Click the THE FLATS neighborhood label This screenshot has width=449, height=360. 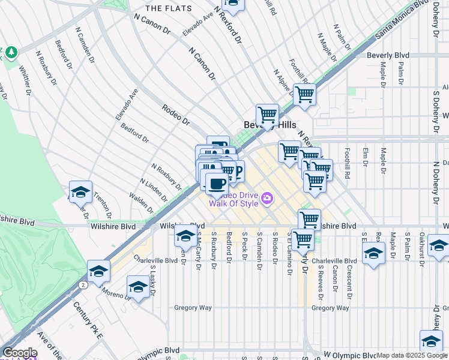tap(169, 8)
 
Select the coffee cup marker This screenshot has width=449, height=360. tap(217, 183)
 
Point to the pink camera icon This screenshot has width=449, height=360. tap(267, 197)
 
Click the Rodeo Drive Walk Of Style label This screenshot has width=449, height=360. tap(234, 199)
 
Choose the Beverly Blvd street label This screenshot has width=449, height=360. tap(388, 55)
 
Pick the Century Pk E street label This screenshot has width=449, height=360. tap(88, 320)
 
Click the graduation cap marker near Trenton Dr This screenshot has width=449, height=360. tap(80, 192)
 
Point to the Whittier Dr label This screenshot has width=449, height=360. tap(25, 81)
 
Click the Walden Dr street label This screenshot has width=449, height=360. tap(140, 200)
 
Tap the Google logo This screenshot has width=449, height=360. tap(20, 353)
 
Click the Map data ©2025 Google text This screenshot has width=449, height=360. tap(412, 355)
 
